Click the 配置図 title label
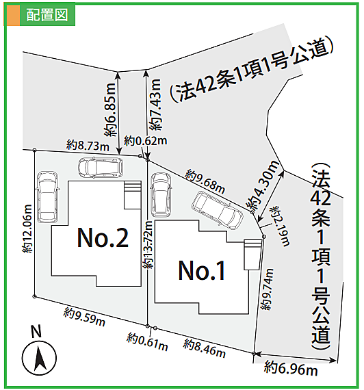click(x=47, y=15)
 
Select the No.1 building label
click(x=202, y=271)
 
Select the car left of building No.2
click(x=49, y=197)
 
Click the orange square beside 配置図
click(x=14, y=15)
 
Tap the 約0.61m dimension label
click(x=147, y=341)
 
